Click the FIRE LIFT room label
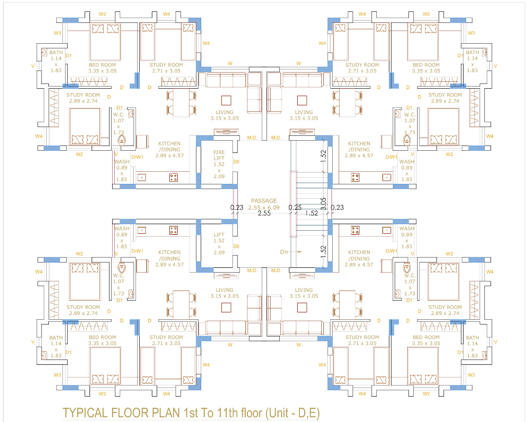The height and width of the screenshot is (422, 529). pyautogui.click(x=219, y=155)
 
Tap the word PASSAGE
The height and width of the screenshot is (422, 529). pyautogui.click(x=264, y=201)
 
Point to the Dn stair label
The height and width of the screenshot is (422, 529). pyautogui.click(x=284, y=252)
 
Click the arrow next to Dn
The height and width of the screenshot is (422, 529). pyautogui.click(x=296, y=252)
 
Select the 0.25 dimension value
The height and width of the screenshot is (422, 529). pyautogui.click(x=295, y=208)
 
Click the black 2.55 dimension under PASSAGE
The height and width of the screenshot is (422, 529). pyautogui.click(x=264, y=213)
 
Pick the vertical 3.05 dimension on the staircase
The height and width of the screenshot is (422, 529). pyautogui.click(x=323, y=204)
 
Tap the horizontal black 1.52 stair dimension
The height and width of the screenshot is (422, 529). pyautogui.click(x=312, y=213)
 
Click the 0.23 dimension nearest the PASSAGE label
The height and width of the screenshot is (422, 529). pyautogui.click(x=237, y=208)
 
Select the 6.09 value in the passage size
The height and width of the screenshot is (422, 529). pyautogui.click(x=273, y=208)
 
